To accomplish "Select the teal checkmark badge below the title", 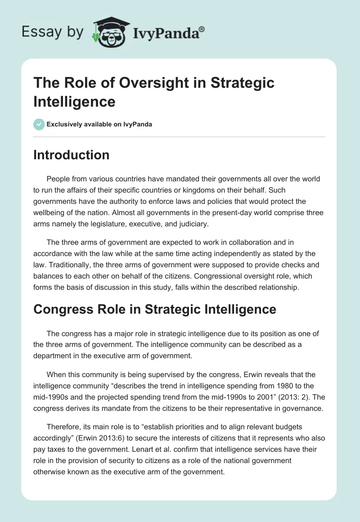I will (x=39, y=124).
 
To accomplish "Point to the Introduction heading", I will (x=72, y=155).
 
